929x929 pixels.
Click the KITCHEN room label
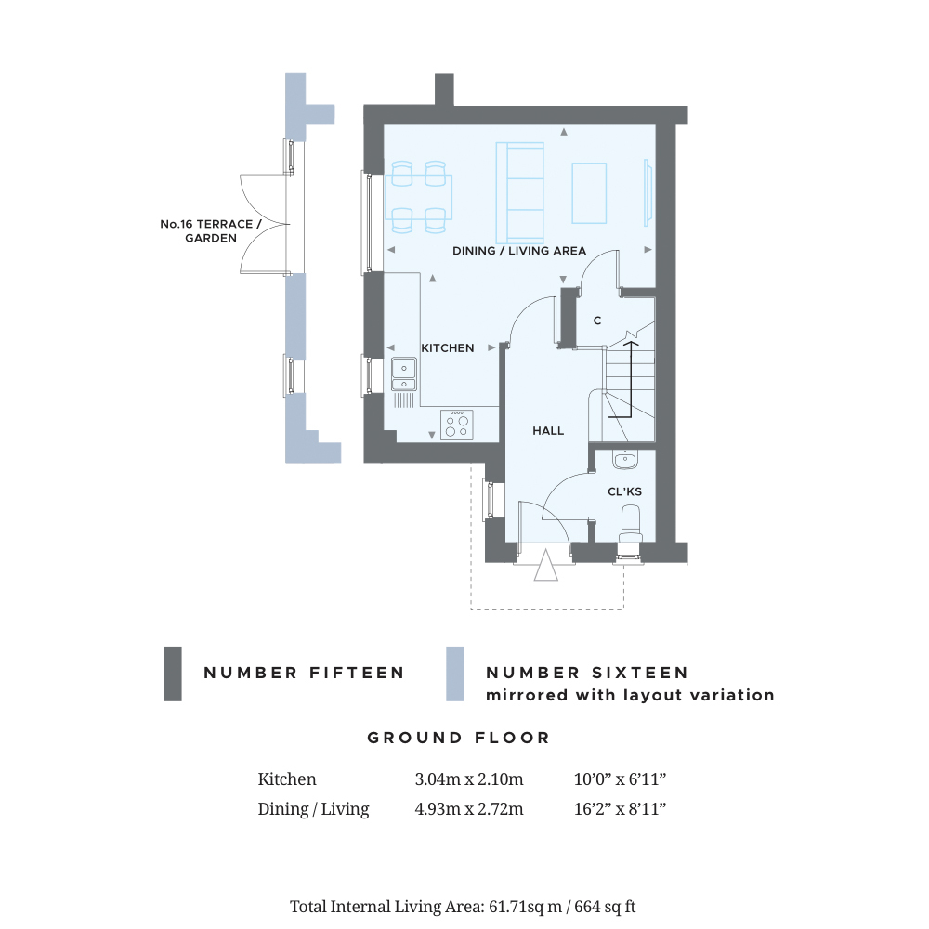click(448, 348)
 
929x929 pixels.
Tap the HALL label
click(548, 431)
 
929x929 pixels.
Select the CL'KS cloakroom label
click(624, 491)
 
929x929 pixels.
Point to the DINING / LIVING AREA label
click(519, 251)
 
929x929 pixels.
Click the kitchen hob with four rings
click(457, 425)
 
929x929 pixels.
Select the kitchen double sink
click(404, 374)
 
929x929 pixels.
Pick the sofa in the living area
click(519, 192)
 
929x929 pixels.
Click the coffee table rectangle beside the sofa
click(589, 193)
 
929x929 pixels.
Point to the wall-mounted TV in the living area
click(648, 192)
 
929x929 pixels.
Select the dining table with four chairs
click(418, 197)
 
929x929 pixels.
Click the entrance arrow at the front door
click(545, 565)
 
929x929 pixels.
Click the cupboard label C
click(597, 321)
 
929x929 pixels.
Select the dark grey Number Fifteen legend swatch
click(173, 674)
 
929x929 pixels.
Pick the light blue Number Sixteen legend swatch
click(455, 674)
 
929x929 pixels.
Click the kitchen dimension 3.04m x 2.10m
click(469, 779)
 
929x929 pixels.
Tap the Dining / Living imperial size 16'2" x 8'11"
click(620, 809)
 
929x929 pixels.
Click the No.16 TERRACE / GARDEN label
click(210, 231)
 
